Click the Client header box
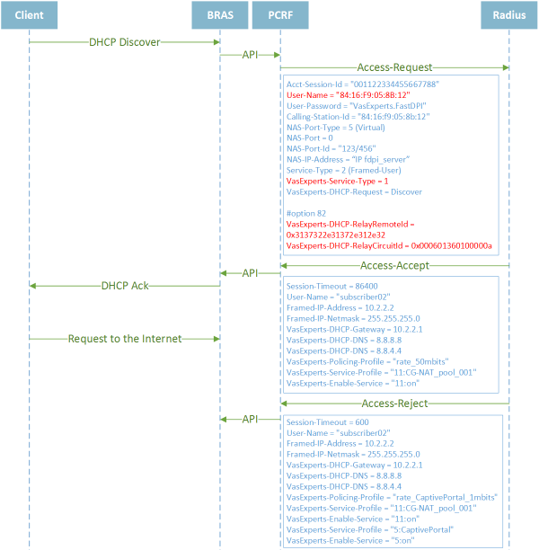[x=29, y=15]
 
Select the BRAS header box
[x=220, y=15]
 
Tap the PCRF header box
[x=280, y=15]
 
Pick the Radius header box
[x=509, y=15]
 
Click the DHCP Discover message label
[x=125, y=42]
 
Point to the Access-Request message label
[x=394, y=67]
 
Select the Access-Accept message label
[x=394, y=265]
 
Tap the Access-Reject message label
[x=394, y=404]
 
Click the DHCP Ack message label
[x=125, y=286]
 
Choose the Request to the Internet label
[x=125, y=339]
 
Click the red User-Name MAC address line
[x=349, y=95]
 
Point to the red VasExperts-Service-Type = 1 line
[x=338, y=182]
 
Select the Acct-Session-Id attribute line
[x=363, y=84]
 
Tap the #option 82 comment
[x=306, y=213]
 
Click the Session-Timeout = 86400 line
[x=332, y=286]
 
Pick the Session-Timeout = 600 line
[x=328, y=422]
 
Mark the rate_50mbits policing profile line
[x=367, y=361]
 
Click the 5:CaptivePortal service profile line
[x=370, y=529]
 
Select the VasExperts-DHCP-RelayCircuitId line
[x=389, y=246]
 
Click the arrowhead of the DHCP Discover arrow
[x=216, y=42]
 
